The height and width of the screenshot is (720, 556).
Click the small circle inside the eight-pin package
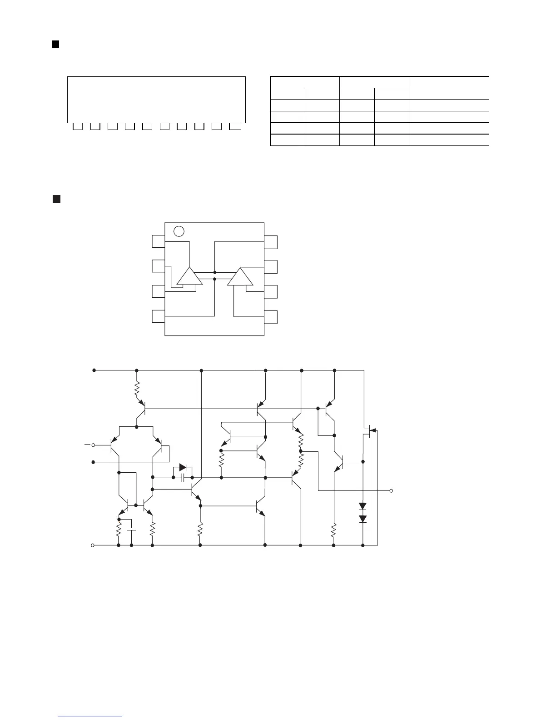(179, 231)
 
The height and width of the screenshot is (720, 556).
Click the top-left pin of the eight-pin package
(158, 241)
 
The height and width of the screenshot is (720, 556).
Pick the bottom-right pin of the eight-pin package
(271, 316)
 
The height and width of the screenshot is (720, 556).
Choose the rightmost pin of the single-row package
(235, 126)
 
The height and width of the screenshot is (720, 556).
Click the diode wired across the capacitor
(183, 467)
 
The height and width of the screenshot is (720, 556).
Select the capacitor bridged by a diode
(183, 478)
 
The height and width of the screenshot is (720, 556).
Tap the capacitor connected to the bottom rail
(132, 530)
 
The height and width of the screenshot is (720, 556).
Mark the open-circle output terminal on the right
(391, 491)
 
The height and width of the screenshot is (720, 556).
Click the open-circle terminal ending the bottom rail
(93, 545)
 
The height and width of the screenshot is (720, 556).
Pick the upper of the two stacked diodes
(362, 506)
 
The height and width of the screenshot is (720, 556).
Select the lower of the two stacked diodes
(362, 519)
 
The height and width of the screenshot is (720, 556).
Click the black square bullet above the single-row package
(55, 44)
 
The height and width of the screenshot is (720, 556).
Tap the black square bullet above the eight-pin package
(56, 199)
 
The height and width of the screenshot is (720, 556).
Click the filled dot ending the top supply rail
(94, 370)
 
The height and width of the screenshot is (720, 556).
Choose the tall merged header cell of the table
(449, 88)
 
